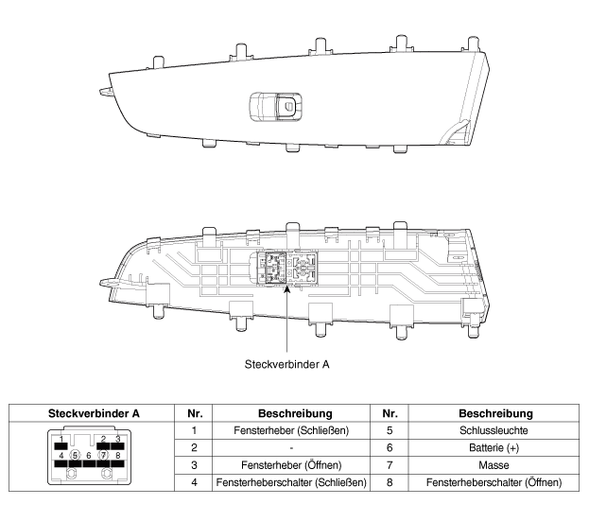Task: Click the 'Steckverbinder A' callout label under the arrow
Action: tap(287, 364)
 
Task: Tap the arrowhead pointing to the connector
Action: tap(286, 288)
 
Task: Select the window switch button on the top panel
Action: tap(276, 107)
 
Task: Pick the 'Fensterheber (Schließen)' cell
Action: tap(291, 430)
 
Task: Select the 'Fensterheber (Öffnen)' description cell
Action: tap(291, 465)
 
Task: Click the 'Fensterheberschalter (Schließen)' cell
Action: tap(291, 482)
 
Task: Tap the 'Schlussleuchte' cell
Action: tap(494, 430)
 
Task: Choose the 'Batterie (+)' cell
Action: tap(494, 447)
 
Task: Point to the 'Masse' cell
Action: tap(494, 465)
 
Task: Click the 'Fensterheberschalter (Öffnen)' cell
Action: tap(494, 482)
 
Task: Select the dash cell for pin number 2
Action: tap(291, 447)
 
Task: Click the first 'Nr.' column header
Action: tap(195, 413)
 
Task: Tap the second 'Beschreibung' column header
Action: tap(495, 413)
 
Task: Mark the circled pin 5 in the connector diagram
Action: tap(75, 456)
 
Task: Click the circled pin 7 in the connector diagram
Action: tap(103, 456)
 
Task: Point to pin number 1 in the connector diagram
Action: tap(61, 438)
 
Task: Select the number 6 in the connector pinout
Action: tap(89, 456)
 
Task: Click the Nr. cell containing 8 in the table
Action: tap(390, 482)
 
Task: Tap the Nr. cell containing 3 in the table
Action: tap(194, 465)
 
